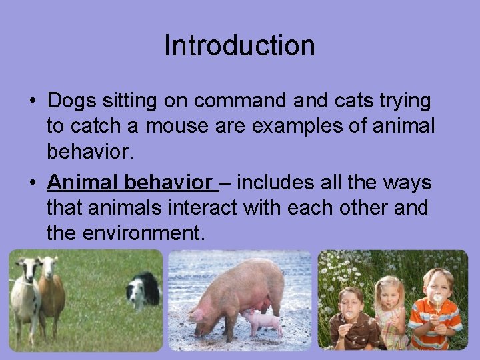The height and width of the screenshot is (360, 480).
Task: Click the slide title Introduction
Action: coord(239,46)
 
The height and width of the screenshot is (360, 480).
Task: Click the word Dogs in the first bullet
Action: coord(71,101)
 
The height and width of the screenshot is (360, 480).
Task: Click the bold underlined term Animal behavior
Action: coord(131,182)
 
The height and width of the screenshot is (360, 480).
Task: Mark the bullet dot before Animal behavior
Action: coord(33,183)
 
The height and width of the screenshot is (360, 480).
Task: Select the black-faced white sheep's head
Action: coord(27,270)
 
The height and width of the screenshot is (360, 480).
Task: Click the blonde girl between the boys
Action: coord(390,310)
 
